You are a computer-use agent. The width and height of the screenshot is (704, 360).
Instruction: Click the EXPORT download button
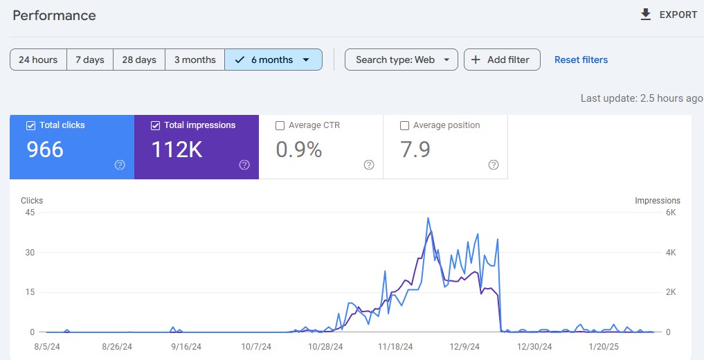(669, 15)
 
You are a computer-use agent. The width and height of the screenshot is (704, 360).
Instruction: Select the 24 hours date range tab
(38, 60)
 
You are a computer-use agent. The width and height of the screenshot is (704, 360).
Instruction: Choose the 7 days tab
(89, 60)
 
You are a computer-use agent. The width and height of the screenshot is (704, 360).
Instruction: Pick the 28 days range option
(139, 60)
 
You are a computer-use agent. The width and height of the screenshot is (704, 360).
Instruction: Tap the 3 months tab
(195, 60)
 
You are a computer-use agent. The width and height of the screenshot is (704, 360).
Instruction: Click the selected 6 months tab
(273, 60)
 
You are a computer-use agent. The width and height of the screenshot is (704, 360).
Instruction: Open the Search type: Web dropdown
(401, 60)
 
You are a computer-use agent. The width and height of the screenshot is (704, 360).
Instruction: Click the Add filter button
(501, 60)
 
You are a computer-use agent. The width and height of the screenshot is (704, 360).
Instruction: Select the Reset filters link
(581, 60)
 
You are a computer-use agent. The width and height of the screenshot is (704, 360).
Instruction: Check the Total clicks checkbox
(30, 125)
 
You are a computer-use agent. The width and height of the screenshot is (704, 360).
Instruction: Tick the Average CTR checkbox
(280, 125)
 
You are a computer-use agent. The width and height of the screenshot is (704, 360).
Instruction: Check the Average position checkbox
(404, 125)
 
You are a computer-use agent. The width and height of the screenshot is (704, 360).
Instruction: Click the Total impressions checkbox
(155, 125)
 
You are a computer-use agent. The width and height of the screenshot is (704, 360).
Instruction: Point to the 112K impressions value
(177, 149)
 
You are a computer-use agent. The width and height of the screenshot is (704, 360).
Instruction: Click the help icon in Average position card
(494, 165)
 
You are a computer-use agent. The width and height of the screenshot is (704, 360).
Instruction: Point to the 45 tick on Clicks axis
(30, 213)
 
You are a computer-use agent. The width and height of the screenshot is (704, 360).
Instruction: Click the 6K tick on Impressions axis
(670, 213)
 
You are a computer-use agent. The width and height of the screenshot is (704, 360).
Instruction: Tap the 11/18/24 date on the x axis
(396, 346)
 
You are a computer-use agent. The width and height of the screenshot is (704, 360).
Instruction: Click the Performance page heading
(54, 15)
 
